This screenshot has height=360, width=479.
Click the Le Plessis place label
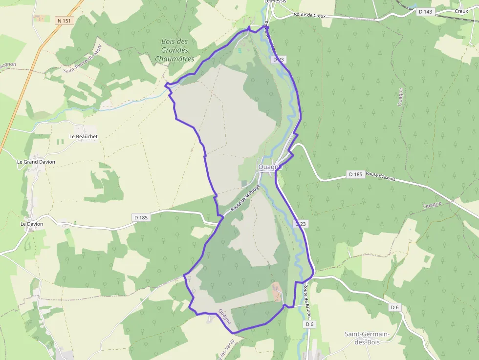(x=275, y=2)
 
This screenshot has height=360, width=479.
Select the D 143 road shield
(x=426, y=11)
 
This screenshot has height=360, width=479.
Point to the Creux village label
(x=461, y=11)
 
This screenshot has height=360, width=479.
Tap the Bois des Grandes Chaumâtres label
(x=174, y=50)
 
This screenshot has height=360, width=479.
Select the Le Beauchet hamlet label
(x=84, y=136)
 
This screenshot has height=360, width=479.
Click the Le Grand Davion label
(x=36, y=162)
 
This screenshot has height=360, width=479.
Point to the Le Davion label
(x=32, y=224)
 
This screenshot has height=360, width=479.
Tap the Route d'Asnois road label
(x=380, y=177)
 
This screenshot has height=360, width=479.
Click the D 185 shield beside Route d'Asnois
(x=355, y=174)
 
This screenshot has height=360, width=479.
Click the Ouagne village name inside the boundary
(x=270, y=167)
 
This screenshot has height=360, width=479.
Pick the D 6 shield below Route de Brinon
(x=309, y=324)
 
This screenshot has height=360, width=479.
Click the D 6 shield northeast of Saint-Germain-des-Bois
(x=395, y=307)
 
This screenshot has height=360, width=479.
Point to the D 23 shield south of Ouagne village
(x=301, y=223)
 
